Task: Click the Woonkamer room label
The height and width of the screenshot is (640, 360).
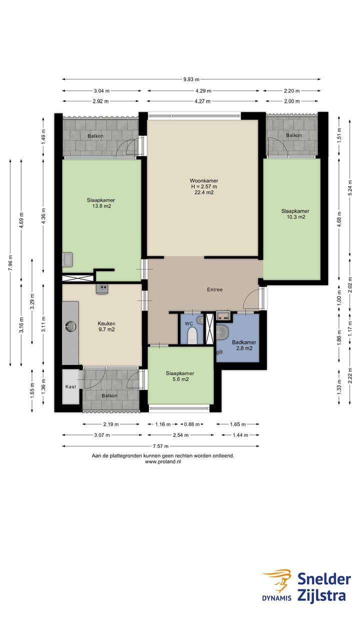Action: (x=204, y=180)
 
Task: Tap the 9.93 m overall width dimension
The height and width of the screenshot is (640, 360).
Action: (x=191, y=79)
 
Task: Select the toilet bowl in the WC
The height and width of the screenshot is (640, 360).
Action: (x=192, y=335)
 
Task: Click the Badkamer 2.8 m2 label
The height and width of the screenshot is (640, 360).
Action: (x=244, y=345)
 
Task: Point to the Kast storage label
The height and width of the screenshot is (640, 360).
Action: (x=70, y=386)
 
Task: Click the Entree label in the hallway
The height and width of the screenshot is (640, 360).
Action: (x=215, y=289)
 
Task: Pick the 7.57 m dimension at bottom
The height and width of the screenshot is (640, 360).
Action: (x=160, y=446)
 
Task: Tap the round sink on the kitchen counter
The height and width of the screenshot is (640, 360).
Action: (x=70, y=326)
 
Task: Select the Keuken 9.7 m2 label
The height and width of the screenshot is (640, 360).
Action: (x=106, y=326)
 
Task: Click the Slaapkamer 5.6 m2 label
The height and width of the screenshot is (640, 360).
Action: (x=180, y=376)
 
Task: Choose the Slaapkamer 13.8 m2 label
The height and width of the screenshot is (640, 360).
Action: (x=101, y=203)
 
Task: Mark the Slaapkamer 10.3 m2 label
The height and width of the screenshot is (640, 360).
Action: (x=295, y=214)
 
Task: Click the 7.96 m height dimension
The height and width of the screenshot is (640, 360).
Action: (x=10, y=262)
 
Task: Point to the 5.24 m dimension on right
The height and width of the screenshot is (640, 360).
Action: (x=350, y=187)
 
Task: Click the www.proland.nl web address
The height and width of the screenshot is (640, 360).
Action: (x=163, y=461)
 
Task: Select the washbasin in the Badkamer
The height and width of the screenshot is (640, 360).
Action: (x=221, y=332)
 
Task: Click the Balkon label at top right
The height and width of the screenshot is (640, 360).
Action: (x=294, y=135)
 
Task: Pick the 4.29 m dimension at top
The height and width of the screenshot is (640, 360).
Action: (x=203, y=91)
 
